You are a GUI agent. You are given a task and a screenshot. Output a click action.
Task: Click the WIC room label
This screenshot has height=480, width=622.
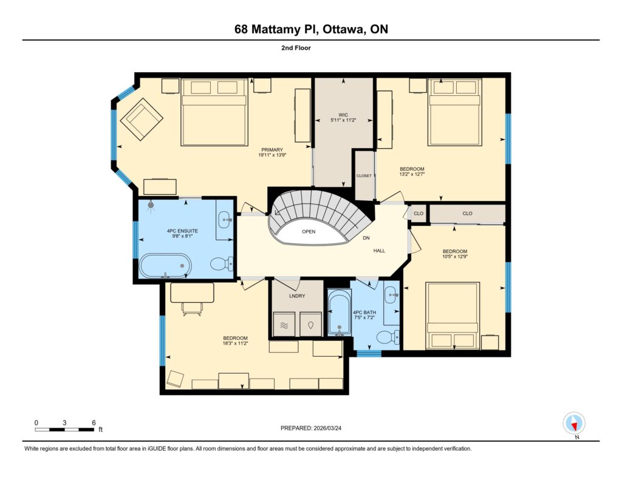click(x=343, y=115)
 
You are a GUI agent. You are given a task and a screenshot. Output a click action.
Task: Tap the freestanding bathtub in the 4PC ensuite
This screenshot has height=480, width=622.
click(x=165, y=266)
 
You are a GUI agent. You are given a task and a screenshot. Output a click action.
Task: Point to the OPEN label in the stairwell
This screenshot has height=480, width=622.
click(x=309, y=231)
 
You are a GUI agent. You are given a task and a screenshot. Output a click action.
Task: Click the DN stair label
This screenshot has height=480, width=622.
click(x=366, y=238)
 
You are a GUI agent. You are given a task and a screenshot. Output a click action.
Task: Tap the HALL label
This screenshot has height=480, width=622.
click(x=379, y=251)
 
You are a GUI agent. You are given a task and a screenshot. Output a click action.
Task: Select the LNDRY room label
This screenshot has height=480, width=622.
click(x=297, y=296)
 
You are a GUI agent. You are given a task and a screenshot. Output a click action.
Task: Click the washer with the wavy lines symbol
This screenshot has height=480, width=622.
click(x=284, y=325)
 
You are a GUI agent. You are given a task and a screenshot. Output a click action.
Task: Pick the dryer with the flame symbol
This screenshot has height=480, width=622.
click(x=310, y=325)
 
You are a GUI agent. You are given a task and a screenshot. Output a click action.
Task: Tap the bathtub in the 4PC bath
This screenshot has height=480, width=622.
click(x=339, y=313)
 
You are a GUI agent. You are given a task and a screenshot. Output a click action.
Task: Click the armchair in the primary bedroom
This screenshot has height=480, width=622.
click(x=142, y=120)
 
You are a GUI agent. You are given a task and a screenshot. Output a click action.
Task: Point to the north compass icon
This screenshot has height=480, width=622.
click(x=574, y=424)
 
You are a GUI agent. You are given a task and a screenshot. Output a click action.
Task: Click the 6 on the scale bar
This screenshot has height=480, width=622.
click(x=94, y=422)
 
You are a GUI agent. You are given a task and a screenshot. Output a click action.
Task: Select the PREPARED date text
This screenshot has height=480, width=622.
click(x=311, y=428)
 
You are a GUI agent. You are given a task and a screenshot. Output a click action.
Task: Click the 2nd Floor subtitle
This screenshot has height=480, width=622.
click(x=296, y=48)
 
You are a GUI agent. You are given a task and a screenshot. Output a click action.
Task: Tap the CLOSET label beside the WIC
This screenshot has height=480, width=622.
click(x=364, y=175)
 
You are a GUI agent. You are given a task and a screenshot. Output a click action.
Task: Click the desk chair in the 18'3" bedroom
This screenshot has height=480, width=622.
click(x=193, y=308)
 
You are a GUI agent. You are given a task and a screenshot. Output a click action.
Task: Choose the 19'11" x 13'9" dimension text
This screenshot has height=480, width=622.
click(x=272, y=155)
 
